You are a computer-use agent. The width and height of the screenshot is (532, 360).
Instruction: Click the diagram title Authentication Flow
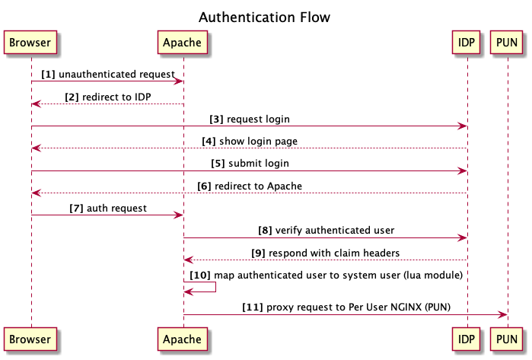tap(265, 17)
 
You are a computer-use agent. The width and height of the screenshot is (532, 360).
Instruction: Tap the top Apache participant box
tap(183, 43)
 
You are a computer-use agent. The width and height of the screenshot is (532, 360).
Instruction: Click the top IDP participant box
tap(467, 43)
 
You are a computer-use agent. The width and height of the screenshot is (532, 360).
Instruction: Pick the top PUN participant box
tap(508, 43)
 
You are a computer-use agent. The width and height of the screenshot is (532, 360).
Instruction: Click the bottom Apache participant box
tap(183, 339)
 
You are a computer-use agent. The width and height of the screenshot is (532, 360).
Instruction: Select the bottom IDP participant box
tap(467, 339)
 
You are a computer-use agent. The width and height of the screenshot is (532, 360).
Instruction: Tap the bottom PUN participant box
tap(508, 339)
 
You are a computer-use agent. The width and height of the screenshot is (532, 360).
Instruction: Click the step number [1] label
tap(48, 75)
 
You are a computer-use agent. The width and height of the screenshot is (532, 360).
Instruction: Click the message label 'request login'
tap(259, 119)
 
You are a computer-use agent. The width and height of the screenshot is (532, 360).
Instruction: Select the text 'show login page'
tap(259, 142)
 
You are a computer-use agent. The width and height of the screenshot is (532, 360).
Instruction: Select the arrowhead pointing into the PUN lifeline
tap(502, 314)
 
